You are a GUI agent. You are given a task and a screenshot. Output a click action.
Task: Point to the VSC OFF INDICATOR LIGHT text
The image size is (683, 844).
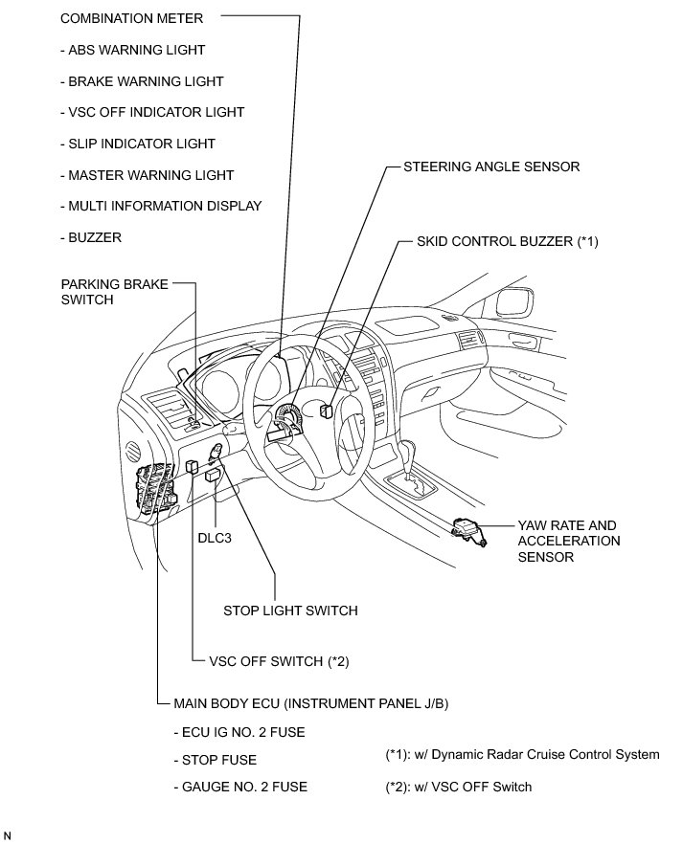pos(151,112)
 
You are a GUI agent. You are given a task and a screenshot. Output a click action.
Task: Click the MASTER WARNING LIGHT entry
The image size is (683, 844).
pos(146,175)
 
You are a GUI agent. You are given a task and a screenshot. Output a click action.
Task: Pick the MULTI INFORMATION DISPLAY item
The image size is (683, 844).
pos(160,206)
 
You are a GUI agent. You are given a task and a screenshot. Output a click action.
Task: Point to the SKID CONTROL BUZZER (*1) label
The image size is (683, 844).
pos(507,241)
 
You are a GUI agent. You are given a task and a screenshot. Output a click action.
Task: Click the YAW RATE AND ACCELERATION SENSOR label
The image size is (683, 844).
pos(568,541)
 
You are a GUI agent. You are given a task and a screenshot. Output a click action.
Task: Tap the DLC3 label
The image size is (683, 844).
pos(216,537)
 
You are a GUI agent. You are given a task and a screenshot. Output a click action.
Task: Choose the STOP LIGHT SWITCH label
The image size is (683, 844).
pos(290,610)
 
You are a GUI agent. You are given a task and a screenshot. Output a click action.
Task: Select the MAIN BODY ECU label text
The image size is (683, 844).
pos(311,703)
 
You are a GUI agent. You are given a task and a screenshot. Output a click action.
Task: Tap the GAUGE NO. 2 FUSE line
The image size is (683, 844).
pos(240,787)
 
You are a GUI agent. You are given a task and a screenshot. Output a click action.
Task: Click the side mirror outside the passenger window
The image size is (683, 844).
pos(514,304)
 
